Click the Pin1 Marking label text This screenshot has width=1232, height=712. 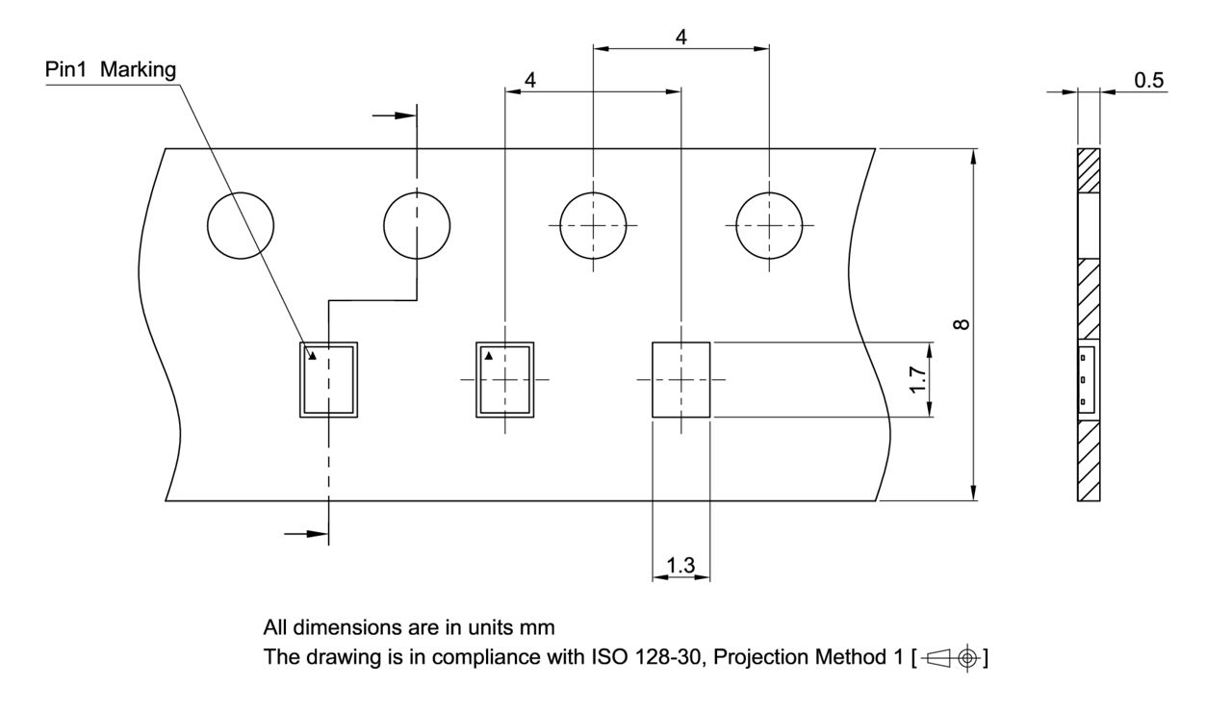(111, 71)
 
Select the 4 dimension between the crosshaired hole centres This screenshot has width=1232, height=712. (681, 38)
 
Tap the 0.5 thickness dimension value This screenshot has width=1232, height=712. (1148, 81)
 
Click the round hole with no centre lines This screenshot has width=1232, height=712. (241, 225)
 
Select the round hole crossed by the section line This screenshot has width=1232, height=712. (417, 225)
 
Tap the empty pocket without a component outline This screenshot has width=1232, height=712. (681, 379)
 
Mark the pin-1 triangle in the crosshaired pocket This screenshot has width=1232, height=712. (489, 356)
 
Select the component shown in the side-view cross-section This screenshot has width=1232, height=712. (1086, 379)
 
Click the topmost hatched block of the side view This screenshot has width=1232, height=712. (1088, 171)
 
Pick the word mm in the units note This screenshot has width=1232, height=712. (539, 628)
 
